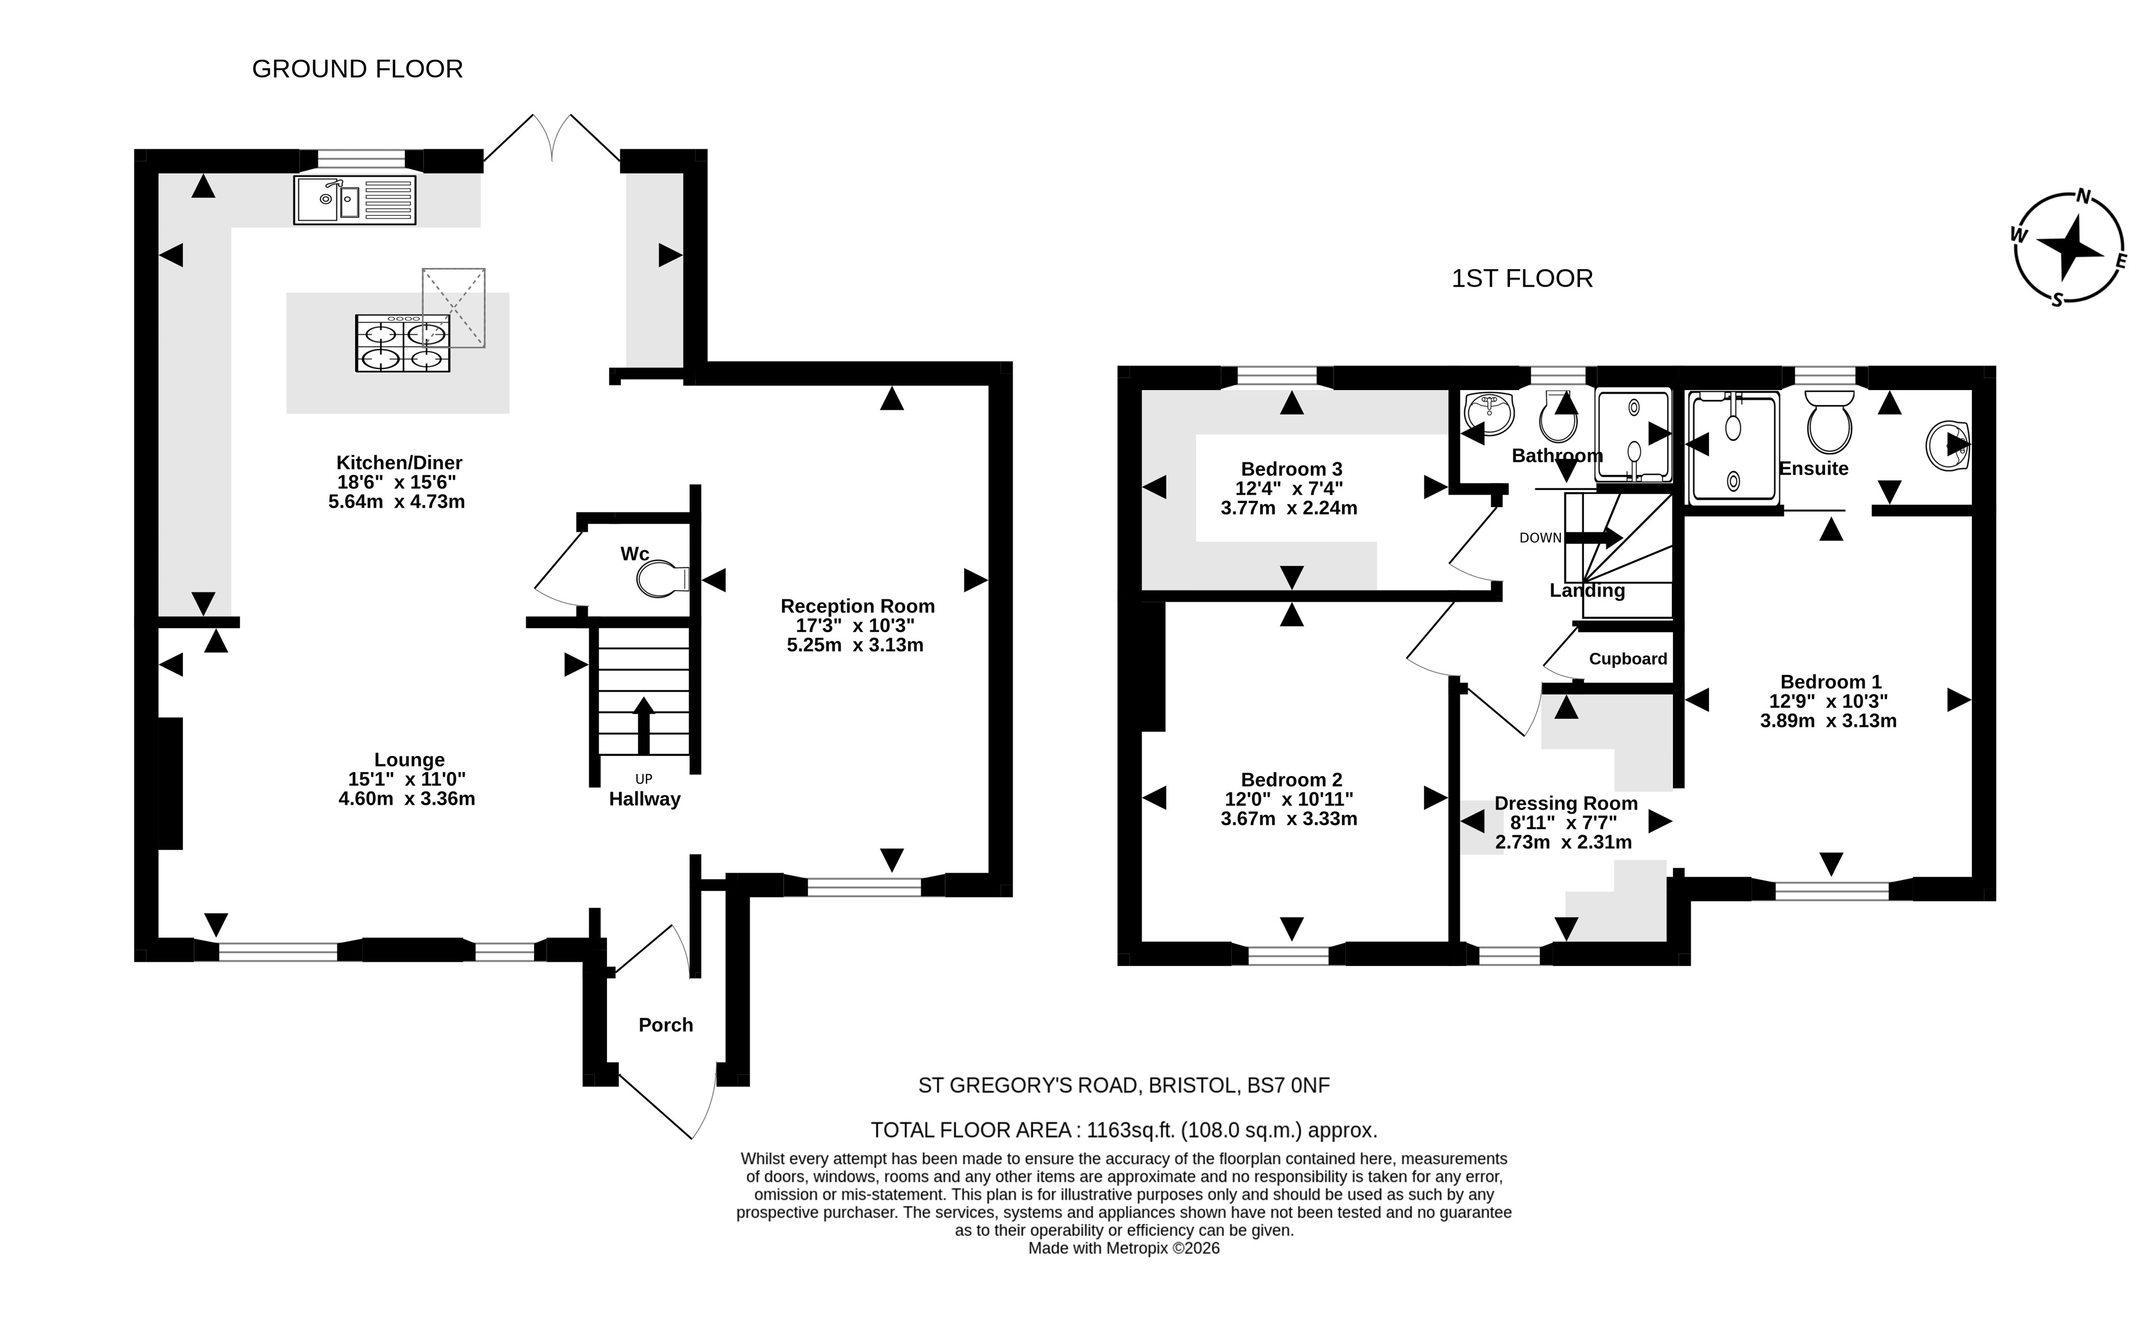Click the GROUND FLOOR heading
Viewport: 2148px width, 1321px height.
[x=357, y=69]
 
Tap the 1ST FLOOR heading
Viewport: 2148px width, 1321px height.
[x=1522, y=279]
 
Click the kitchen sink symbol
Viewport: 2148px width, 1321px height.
[x=355, y=200]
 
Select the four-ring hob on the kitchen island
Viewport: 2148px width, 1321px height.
[x=402, y=344]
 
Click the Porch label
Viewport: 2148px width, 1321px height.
[x=666, y=1025]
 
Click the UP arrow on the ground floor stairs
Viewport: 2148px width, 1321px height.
[x=644, y=725]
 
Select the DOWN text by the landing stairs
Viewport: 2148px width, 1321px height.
[x=1540, y=538]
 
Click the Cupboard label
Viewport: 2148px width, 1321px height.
[x=1628, y=658]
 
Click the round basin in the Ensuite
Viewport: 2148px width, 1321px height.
[x=1948, y=446]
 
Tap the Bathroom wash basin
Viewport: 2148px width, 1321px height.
[x=1489, y=413]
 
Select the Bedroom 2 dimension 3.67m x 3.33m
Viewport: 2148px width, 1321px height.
[x=1289, y=820]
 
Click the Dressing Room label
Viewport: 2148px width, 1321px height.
[x=1566, y=803]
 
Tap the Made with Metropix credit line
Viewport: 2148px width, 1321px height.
[x=1124, y=1249]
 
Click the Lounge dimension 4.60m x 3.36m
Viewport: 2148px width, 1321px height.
[x=407, y=798]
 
